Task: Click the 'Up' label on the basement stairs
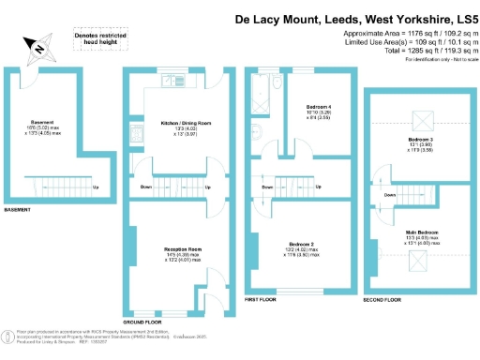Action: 96,186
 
